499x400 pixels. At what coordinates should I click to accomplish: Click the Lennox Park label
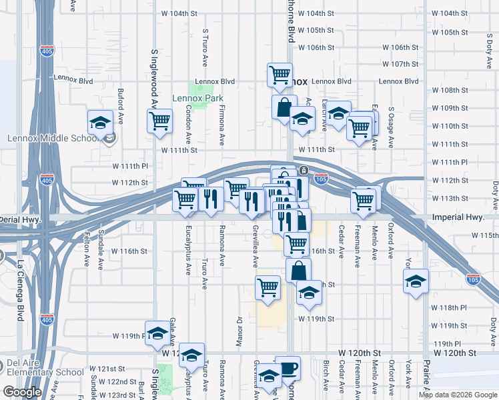pyautogui.click(x=197, y=98)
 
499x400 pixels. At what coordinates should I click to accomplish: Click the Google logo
pyautogui.click(x=22, y=392)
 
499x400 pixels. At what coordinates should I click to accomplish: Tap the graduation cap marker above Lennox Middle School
pyautogui.click(x=100, y=123)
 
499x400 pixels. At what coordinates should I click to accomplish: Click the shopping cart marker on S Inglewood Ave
pyautogui.click(x=159, y=121)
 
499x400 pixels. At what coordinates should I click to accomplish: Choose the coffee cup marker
pyautogui.click(x=288, y=368)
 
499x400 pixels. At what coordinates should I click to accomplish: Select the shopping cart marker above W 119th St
pyautogui.click(x=268, y=288)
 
